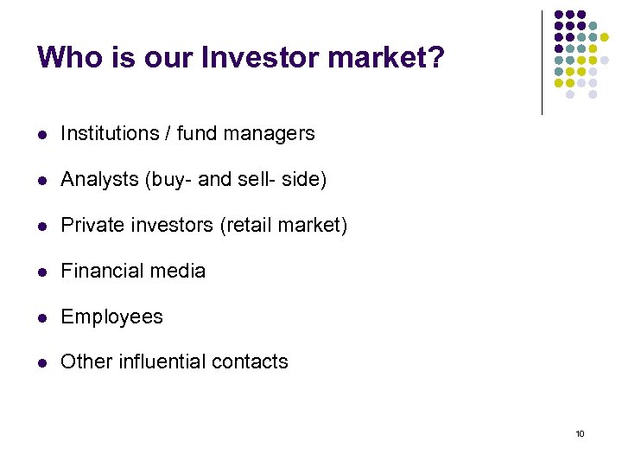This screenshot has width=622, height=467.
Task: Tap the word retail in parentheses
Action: tap(251, 226)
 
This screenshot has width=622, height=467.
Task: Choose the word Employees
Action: tap(111, 317)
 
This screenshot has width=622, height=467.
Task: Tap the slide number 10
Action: tap(580, 432)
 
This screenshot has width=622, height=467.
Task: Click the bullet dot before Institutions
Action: tap(41, 135)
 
